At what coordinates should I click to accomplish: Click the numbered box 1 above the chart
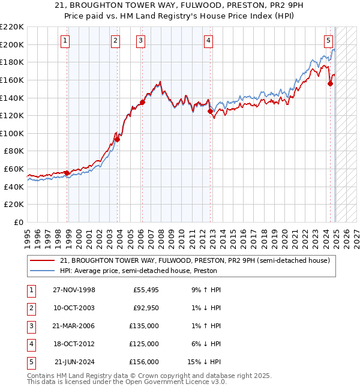[x=64, y=41]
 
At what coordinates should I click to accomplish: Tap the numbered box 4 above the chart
[x=208, y=41]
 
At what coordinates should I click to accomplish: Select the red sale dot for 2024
[x=330, y=84]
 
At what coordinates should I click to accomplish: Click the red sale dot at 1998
[x=67, y=173]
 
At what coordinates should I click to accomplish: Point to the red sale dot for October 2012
[x=210, y=111]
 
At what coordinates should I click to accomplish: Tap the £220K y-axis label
[x=13, y=27]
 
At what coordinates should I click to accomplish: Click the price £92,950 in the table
[x=145, y=308]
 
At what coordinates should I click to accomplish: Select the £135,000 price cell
[x=145, y=326]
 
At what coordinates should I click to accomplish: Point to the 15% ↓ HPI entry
[x=204, y=362]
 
